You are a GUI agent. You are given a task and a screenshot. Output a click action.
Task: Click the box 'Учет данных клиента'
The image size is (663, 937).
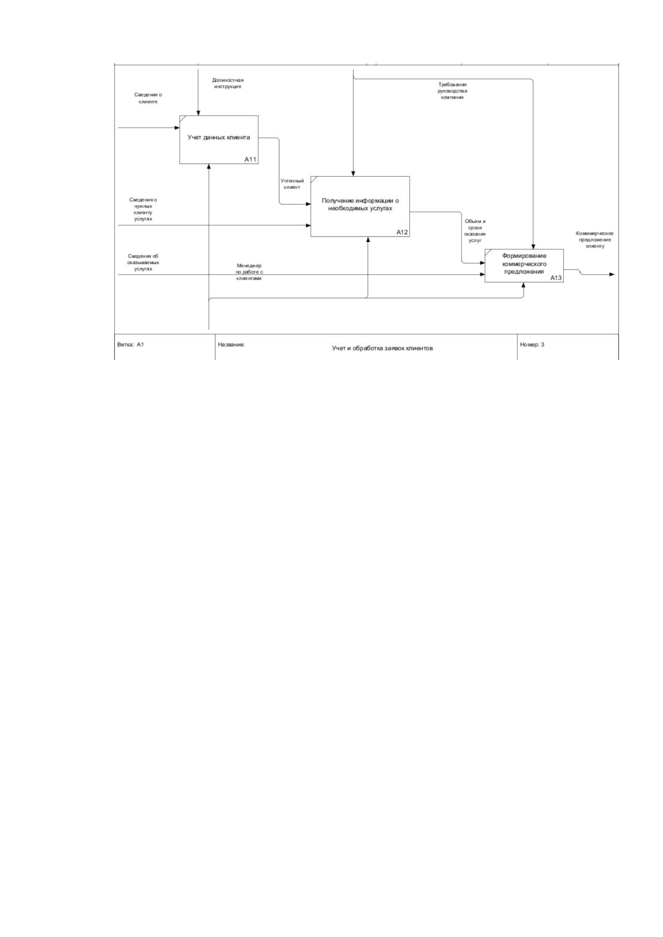coord(219,139)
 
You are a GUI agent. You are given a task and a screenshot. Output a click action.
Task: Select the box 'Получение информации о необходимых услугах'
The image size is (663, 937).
coord(360,206)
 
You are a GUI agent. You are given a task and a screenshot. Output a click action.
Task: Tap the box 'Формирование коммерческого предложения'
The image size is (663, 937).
coord(524,266)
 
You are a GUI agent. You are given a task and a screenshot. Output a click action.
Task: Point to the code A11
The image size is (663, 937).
coord(251,159)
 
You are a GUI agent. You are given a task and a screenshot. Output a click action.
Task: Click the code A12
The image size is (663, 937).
coord(402,232)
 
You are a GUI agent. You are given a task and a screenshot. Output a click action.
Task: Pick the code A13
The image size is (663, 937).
coord(556,277)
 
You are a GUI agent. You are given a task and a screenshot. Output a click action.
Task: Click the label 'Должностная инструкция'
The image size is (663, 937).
coord(228,83)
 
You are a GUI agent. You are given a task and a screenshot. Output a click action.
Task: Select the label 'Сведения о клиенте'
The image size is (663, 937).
coord(148,98)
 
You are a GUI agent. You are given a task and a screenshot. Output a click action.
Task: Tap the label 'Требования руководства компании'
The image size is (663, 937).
coord(453,91)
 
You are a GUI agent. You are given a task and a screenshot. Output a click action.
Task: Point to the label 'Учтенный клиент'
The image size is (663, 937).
coord(292,184)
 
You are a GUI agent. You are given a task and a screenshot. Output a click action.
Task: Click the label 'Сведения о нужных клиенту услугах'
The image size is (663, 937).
coord(143,210)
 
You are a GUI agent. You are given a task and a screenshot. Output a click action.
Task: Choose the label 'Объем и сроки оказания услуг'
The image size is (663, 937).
coord(474,231)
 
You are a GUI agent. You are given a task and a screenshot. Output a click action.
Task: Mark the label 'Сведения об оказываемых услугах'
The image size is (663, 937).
coord(143,262)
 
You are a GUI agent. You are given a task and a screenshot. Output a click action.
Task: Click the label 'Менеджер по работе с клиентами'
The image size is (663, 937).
coord(249,272)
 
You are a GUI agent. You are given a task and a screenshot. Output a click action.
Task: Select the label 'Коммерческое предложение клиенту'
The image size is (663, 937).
coord(595,240)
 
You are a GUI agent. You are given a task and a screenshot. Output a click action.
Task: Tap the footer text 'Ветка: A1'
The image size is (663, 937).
coord(131,345)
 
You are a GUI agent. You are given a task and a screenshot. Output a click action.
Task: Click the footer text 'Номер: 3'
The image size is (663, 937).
coord(532,345)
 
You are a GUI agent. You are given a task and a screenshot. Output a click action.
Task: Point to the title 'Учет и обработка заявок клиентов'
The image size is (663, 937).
coord(382,348)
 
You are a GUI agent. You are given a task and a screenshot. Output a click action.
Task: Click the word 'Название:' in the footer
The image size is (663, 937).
coord(231,345)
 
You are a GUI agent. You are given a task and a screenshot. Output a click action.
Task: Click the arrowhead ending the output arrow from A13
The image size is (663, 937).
coord(612,274)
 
